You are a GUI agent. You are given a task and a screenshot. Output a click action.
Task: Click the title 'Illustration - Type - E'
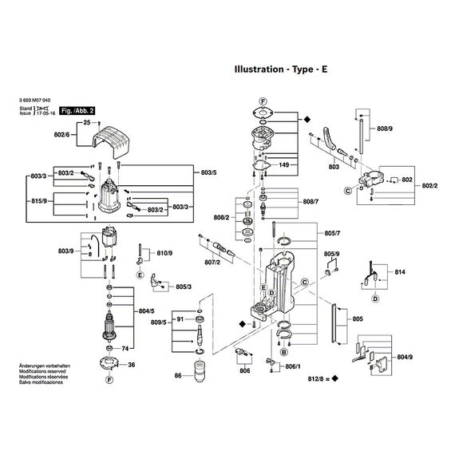tap(279, 69)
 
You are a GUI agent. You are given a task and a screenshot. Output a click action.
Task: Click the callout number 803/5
tap(209, 172)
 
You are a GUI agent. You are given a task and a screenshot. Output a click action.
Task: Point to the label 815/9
tap(41, 200)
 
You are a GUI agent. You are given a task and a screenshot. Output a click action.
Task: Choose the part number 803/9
tap(66, 251)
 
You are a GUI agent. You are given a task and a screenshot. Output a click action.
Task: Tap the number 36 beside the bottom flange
tap(132, 365)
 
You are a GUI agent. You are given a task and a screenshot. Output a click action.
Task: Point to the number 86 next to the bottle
tap(178, 374)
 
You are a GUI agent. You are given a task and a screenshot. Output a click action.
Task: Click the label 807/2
tap(212, 261)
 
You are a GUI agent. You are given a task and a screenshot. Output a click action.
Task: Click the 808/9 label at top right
tap(384, 129)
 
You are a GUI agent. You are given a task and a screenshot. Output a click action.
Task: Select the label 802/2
tap(430, 186)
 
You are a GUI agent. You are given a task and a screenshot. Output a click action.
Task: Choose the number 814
tap(400, 273)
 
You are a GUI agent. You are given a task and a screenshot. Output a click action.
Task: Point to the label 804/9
tap(405, 357)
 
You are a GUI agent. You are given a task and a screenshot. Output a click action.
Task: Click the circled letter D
tap(374, 299)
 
